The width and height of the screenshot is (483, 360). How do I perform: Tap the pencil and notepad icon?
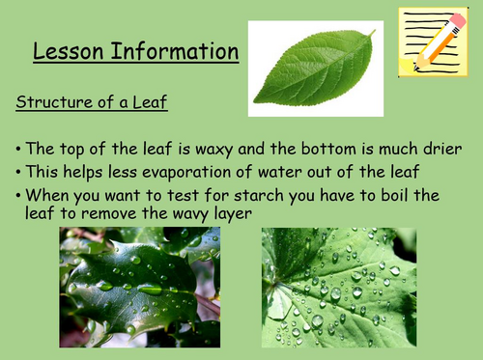pyautogui.click(x=434, y=41)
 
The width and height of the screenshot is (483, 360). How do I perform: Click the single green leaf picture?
pyautogui.click(x=315, y=69)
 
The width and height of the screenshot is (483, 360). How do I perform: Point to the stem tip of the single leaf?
pyautogui.click(x=371, y=33)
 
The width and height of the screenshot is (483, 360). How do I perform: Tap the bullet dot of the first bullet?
pyautogui.click(x=18, y=150)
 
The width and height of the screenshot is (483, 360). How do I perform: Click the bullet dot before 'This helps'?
pyautogui.click(x=18, y=173)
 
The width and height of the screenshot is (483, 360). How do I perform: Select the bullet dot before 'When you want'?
pyautogui.click(x=18, y=196)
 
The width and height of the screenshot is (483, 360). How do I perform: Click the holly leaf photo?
pyautogui.click(x=139, y=287)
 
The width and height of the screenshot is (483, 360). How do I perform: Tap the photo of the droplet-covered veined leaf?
pyautogui.click(x=338, y=287)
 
